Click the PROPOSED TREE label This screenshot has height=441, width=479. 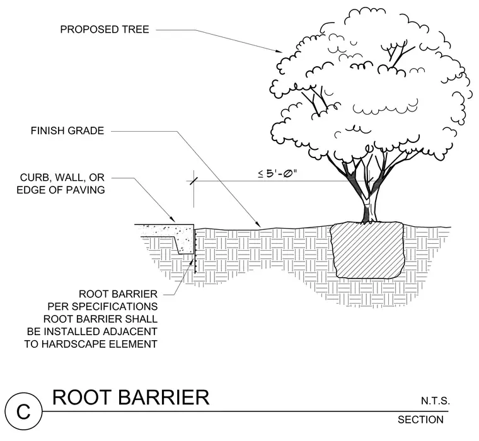(105, 30)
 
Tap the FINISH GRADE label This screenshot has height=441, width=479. (67, 130)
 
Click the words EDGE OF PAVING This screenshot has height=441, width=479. (61, 190)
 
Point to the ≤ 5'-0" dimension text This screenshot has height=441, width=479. (277, 174)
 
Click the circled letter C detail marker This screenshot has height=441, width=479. (23, 411)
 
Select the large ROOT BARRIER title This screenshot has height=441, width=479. (130, 398)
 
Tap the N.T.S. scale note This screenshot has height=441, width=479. (436, 401)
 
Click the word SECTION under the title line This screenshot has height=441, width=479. (420, 420)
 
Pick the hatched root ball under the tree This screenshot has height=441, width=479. (367, 250)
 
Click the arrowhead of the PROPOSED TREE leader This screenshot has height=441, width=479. (279, 51)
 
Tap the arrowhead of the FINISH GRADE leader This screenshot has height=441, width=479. (258, 224)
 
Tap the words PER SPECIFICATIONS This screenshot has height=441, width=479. (103, 306)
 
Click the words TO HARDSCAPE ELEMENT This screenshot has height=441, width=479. (91, 344)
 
